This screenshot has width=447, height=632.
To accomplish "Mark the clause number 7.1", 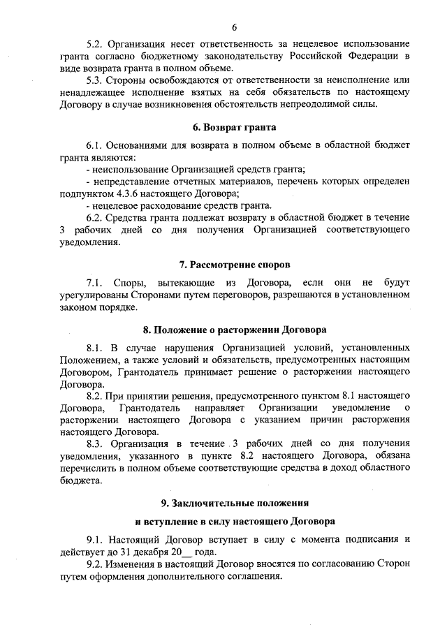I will tap(95, 282).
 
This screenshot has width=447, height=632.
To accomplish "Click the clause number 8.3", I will tap(95, 445).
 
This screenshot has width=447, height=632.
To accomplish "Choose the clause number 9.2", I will tap(95, 564).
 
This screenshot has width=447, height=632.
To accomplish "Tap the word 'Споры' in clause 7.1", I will tap(129, 282).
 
